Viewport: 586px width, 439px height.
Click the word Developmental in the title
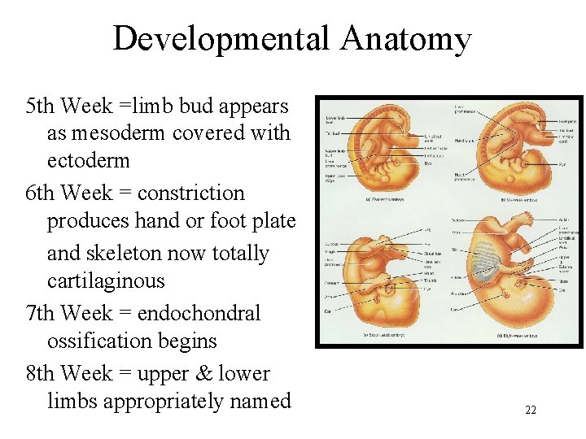(221, 38)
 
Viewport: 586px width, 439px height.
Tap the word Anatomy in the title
(406, 38)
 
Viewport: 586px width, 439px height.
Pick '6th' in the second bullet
(41, 193)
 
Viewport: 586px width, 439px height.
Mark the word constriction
(190, 193)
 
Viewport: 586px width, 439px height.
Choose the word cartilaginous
(106, 281)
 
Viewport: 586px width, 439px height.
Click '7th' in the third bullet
(41, 313)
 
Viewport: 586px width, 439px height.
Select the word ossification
(98, 341)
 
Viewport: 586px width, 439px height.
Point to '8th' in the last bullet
(41, 373)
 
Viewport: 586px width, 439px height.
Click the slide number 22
(530, 410)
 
